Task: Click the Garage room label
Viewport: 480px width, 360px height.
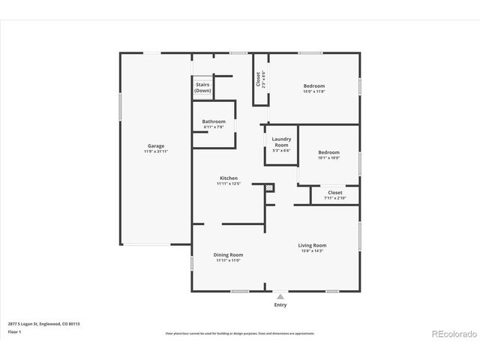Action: [156, 145]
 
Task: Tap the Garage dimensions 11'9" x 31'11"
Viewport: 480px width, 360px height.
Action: [156, 151]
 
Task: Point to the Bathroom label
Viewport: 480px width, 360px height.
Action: [214, 121]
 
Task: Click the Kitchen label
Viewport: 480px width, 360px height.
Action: [229, 178]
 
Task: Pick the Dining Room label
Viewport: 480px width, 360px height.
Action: [229, 254]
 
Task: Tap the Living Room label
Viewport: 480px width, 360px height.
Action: [312, 245]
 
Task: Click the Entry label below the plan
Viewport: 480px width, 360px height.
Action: [280, 305]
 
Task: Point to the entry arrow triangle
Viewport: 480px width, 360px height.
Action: [280, 297]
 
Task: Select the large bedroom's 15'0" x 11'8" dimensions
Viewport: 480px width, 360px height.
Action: [314, 91]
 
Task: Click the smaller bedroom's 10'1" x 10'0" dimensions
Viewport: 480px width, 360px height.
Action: [328, 157]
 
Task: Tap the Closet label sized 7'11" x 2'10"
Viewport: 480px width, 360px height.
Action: [335, 193]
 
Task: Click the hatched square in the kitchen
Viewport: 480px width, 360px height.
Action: [270, 187]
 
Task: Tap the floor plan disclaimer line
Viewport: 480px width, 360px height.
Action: [239, 331]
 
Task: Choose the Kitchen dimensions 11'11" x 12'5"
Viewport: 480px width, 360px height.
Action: [229, 184]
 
